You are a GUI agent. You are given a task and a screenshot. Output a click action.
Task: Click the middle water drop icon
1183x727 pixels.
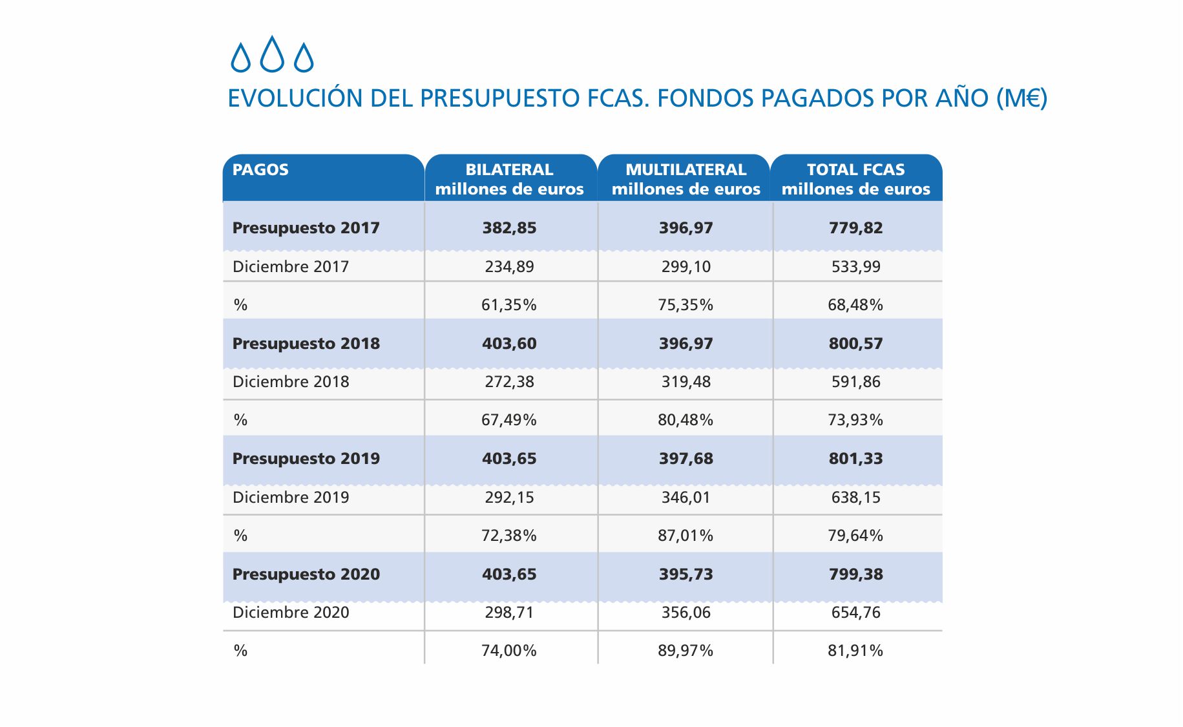pos(272,54)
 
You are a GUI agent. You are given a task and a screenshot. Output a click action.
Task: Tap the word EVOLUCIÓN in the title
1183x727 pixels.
pos(295,98)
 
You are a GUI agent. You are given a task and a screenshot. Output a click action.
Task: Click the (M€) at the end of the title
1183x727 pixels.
pos(1021,98)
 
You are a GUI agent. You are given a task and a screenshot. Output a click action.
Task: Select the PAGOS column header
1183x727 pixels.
pos(260,170)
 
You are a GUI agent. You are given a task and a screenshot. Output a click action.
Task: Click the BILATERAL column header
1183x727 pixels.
pos(509,170)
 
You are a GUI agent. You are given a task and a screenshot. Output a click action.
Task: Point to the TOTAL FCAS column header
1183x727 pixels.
pos(855,170)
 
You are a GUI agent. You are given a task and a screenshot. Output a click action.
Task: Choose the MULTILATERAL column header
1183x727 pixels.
pos(686,170)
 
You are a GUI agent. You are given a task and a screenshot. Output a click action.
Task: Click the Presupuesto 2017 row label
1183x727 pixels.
pos(306,228)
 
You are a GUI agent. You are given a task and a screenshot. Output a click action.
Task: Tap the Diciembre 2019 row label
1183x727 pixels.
pos(291,498)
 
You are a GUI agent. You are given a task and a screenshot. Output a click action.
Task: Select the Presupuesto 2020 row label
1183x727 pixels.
pos(306,574)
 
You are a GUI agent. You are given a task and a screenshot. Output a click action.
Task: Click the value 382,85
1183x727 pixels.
pos(509,228)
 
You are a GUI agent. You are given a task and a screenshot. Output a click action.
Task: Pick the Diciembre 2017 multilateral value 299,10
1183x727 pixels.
pos(686,267)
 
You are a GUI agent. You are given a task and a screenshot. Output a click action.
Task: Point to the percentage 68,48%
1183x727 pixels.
pos(855,305)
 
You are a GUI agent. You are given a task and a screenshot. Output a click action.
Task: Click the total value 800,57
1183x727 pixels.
pos(855,344)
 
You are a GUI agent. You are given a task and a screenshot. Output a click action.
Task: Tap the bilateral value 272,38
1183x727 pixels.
pos(509,382)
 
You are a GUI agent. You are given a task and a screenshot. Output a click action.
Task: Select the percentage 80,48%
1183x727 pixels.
pos(686,420)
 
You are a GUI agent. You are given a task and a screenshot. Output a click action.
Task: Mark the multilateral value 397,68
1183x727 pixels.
pos(686,459)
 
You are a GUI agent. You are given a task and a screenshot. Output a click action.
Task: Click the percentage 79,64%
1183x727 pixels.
pos(855,536)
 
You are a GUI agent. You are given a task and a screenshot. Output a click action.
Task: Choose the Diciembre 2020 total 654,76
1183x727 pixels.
pos(855,613)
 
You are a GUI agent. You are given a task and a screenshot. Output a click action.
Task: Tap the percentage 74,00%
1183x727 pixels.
pos(509,651)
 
